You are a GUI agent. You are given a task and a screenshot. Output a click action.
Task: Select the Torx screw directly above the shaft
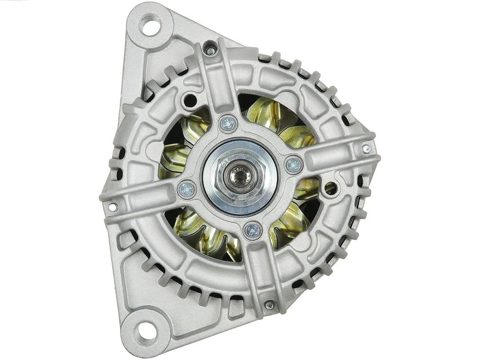click(228, 123)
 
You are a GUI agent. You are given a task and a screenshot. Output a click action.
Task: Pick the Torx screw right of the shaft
click(294, 165)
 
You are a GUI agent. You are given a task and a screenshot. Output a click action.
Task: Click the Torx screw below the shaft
click(252, 230)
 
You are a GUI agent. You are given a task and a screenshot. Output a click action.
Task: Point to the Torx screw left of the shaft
click(187, 190)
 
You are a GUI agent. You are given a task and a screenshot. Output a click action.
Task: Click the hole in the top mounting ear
click(150, 25)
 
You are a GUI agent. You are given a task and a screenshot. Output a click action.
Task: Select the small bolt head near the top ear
click(211, 50)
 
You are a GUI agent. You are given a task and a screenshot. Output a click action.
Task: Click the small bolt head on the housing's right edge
click(366, 149)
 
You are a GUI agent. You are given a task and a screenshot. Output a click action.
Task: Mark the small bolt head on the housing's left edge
click(113, 207)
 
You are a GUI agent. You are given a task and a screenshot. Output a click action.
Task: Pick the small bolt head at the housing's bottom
click(269, 305)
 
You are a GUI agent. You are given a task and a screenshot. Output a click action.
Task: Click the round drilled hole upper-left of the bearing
click(190, 100)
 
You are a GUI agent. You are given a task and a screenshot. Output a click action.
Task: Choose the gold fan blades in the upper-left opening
click(182, 142)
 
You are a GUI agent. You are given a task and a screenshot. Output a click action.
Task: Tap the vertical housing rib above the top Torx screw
click(216, 80)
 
